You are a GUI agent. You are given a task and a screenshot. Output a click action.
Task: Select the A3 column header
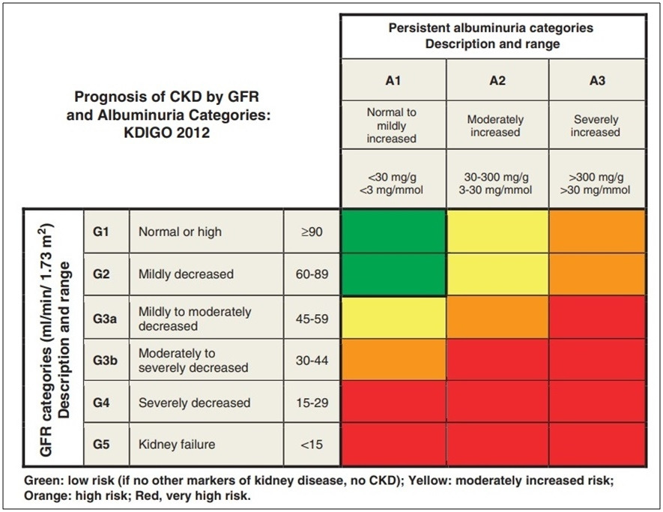[x=596, y=80]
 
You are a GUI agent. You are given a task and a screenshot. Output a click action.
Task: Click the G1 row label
[x=102, y=232]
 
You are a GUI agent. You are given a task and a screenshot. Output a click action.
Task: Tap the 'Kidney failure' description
[x=177, y=445]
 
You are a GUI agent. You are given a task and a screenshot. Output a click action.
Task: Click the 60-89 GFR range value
[x=312, y=274]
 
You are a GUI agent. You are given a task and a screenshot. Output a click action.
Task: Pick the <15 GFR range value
[x=312, y=445]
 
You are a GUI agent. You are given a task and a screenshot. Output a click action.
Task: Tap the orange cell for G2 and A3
[x=596, y=274]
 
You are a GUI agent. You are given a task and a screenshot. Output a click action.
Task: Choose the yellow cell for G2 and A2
[x=496, y=274]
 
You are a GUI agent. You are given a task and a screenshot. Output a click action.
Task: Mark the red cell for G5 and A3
[x=596, y=445]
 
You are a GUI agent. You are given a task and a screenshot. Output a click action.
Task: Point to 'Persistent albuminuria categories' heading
[x=491, y=28]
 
